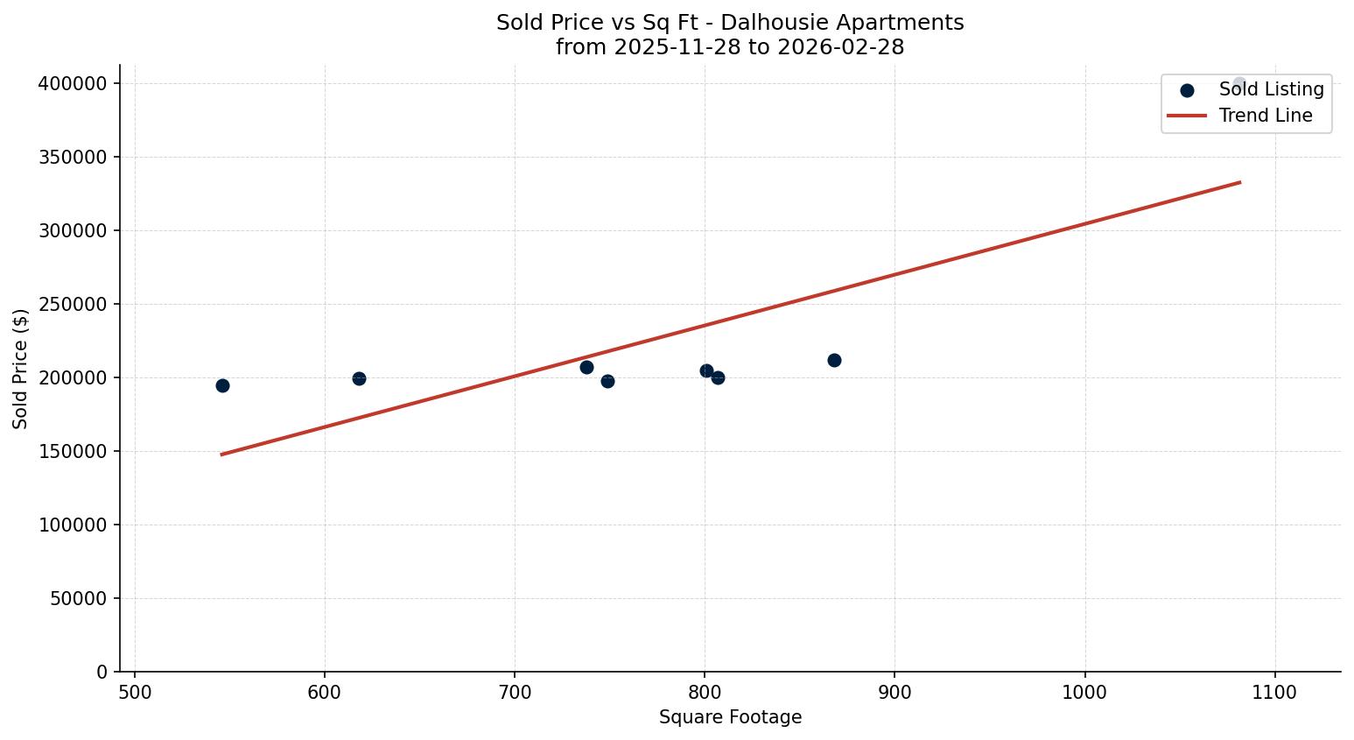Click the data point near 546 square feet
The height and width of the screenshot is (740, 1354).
click(x=222, y=385)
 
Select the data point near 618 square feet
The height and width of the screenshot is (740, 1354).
click(x=359, y=378)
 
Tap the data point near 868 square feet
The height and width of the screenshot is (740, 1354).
click(x=834, y=360)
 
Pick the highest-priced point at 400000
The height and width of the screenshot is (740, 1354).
click(x=1238, y=84)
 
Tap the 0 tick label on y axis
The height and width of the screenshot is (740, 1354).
click(x=102, y=672)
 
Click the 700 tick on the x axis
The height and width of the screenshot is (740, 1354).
click(x=515, y=692)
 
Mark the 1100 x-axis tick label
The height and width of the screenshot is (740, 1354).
click(x=1274, y=692)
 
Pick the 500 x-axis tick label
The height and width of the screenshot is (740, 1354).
click(x=135, y=692)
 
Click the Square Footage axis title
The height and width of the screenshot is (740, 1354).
click(x=730, y=717)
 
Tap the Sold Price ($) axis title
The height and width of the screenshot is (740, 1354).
click(x=21, y=369)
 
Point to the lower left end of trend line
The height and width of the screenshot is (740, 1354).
click(x=222, y=455)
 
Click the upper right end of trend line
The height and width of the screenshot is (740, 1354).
click(x=1239, y=182)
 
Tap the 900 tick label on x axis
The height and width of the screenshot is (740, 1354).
click(x=894, y=692)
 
